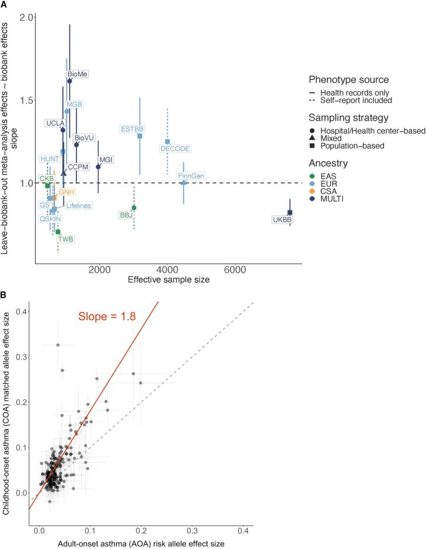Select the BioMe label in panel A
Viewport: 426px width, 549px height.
77,74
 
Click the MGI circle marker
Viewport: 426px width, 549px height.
98,167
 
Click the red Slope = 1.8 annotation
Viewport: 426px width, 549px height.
107,316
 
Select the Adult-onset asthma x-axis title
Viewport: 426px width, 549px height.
141,543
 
